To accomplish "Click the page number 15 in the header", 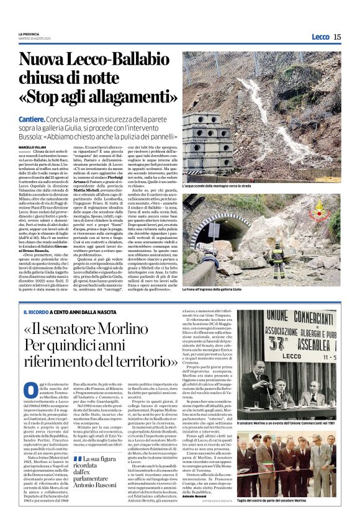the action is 337,37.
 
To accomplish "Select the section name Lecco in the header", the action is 320,37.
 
